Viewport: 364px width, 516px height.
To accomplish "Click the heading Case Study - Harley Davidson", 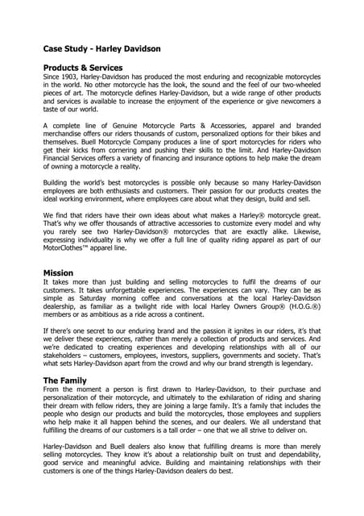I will (x=101, y=48).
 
